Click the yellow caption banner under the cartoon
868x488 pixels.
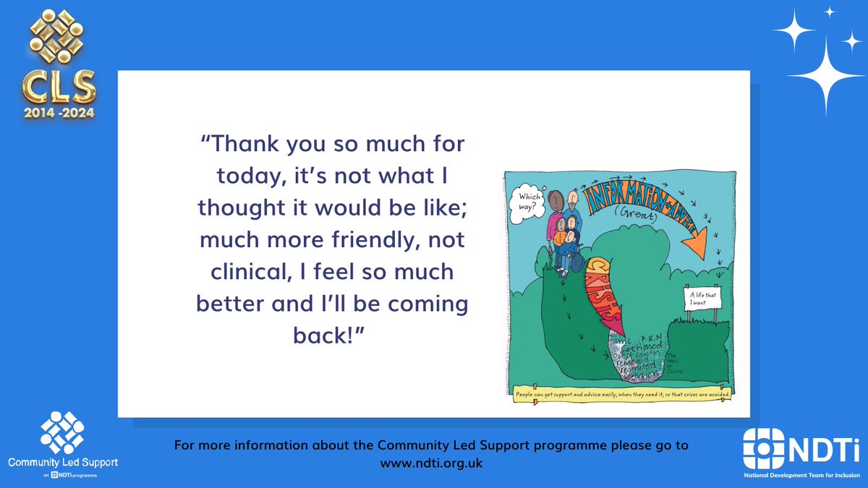pos(622,395)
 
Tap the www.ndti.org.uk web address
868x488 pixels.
pos(431,463)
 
